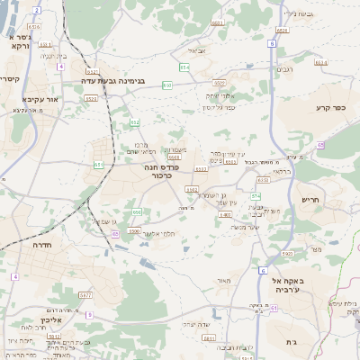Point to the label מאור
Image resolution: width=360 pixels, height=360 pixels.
pos(223,281)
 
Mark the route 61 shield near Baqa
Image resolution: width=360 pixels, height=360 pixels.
pos(273,308)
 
